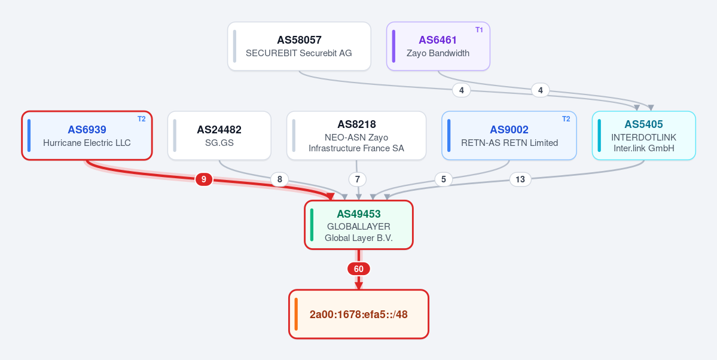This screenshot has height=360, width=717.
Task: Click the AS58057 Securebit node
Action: coord(299,46)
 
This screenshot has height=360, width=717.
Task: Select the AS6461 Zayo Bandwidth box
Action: coord(438,46)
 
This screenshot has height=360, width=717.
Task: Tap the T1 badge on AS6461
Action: coord(479,30)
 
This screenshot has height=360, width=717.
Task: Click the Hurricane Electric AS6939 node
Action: coord(87,135)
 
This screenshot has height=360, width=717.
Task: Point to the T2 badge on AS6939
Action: coord(142,119)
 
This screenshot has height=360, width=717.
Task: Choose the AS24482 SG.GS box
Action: coord(219,135)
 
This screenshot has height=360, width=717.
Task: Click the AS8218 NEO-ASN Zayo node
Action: coord(356,135)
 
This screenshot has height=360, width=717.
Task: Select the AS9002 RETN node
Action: coord(509,135)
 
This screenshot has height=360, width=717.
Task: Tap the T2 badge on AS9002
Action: coord(566,119)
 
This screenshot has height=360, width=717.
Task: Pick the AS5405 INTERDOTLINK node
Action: coord(644,135)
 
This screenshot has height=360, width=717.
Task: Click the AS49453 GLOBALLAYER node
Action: coord(359,225)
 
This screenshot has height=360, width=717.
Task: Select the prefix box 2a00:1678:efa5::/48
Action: coord(359,315)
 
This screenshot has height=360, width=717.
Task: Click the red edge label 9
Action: coord(204,179)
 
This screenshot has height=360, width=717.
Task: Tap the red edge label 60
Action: coord(359,269)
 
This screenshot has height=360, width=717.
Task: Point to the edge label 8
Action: coord(280,179)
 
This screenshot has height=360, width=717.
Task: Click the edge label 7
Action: coord(358,179)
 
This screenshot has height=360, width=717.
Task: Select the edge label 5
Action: coord(444,179)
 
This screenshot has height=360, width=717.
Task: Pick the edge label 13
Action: coord(520,179)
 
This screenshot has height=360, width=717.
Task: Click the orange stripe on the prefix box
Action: coord(297,315)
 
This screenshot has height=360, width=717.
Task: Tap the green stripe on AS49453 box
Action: coord(312,225)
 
